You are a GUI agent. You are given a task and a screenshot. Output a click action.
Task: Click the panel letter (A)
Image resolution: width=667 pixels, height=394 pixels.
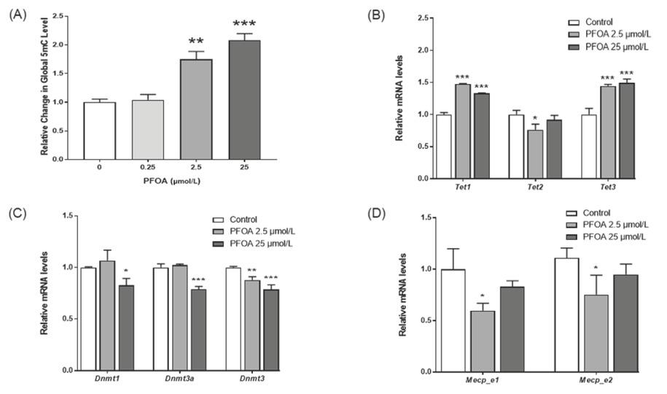click(x=17, y=14)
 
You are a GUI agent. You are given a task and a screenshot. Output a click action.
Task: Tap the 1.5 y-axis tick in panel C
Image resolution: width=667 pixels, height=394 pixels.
click(x=69, y=216)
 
